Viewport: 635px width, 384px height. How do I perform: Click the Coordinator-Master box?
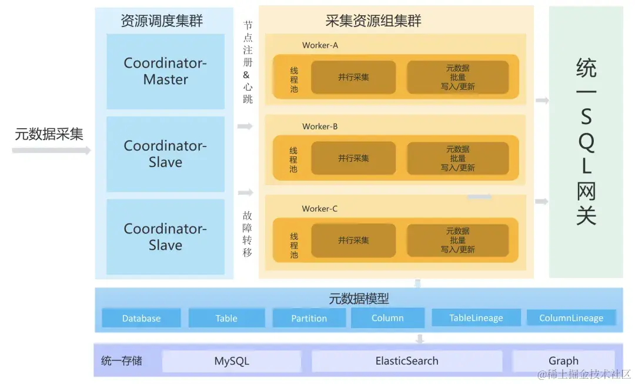coord(165,71)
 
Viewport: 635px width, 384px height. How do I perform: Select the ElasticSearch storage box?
coord(407,361)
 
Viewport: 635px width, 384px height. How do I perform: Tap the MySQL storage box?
coord(232,361)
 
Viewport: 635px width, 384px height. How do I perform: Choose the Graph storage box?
coord(563,361)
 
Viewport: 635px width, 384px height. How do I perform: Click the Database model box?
coord(141,318)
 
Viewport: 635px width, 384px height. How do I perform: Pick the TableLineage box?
coord(476,318)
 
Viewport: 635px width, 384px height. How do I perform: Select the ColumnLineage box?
coord(571,318)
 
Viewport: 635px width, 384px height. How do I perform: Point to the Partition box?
coord(309,318)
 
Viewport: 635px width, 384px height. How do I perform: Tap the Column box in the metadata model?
coord(387,318)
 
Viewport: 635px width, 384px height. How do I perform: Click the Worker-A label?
coord(320,45)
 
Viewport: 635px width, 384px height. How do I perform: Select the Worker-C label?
coord(320,209)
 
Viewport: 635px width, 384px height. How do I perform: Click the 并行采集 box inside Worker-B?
coord(353,158)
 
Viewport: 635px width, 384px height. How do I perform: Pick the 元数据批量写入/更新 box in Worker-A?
coord(457,77)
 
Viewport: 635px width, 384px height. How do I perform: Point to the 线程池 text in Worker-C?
coord(294,245)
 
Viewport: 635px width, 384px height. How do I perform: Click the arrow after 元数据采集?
coord(51,151)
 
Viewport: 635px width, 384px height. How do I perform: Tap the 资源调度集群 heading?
coord(162,21)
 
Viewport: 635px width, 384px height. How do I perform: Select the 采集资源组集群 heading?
coord(373,21)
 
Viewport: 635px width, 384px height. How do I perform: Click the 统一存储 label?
coord(122,360)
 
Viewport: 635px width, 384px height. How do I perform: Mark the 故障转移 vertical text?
coord(248,234)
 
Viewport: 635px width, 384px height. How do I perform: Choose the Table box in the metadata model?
coord(226,318)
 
